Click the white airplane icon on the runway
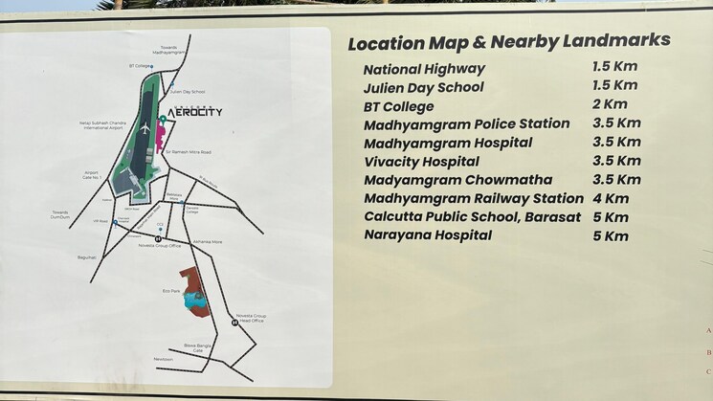145,126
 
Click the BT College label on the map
141,66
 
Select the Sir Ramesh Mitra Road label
188,151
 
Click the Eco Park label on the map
172,287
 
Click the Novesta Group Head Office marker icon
234,323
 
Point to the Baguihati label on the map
88,256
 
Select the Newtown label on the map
164,360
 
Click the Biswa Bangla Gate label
195,347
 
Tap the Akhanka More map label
207,242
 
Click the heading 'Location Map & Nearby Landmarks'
508,42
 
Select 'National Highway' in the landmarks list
424,69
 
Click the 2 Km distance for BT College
610,104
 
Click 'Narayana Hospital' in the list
427,234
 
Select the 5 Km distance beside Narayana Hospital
611,235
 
